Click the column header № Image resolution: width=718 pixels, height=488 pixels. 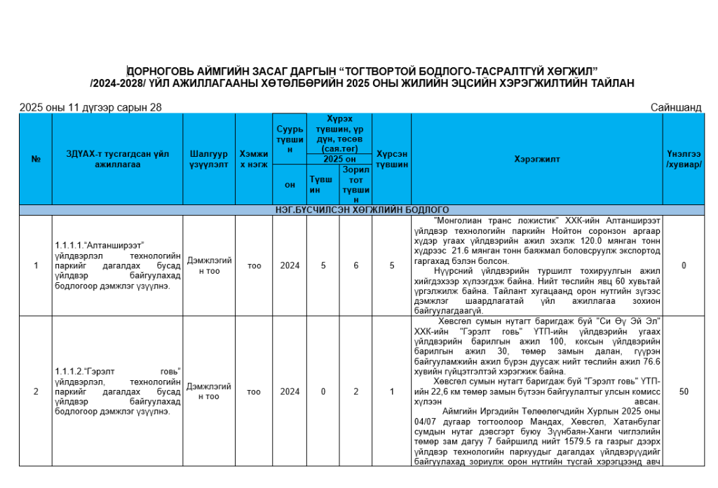(x=36, y=159)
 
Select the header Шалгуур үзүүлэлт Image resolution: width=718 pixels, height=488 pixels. (x=208, y=159)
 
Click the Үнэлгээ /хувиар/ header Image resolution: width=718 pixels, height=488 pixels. (x=684, y=159)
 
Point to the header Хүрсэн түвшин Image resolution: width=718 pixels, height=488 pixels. (x=391, y=159)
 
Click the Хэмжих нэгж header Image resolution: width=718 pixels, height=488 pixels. (x=254, y=159)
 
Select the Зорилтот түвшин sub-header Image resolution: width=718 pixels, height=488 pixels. (x=355, y=185)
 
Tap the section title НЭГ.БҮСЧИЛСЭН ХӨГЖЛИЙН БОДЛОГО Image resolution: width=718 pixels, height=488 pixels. (x=362, y=210)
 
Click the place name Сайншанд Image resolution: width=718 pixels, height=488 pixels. (x=675, y=107)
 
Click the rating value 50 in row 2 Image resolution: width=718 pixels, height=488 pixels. (x=684, y=391)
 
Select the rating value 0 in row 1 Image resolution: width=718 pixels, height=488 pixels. (x=684, y=265)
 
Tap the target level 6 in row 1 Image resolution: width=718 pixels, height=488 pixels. (x=355, y=265)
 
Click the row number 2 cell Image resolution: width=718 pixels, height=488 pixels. (x=36, y=391)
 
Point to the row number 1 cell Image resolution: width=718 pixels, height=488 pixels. (x=36, y=265)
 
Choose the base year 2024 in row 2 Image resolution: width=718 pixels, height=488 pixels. (x=290, y=391)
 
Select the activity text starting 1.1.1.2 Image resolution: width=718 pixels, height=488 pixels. (x=117, y=391)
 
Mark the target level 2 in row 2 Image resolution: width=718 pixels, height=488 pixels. (x=355, y=391)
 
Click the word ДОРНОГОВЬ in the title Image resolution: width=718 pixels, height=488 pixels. (x=162, y=71)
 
